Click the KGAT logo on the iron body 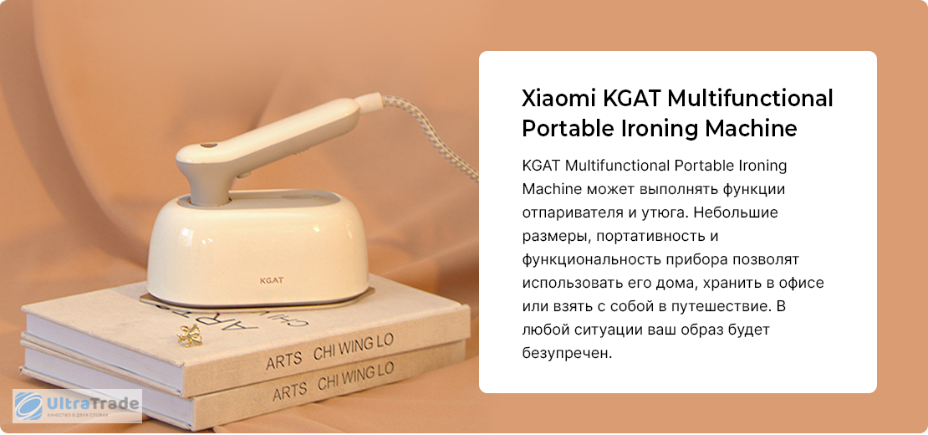(273, 280)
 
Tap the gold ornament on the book (190, 335)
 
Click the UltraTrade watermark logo (78, 406)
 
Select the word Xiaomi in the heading (558, 98)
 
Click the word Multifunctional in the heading (751, 98)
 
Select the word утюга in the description (662, 213)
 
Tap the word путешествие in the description (722, 308)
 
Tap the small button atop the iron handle (207, 145)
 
